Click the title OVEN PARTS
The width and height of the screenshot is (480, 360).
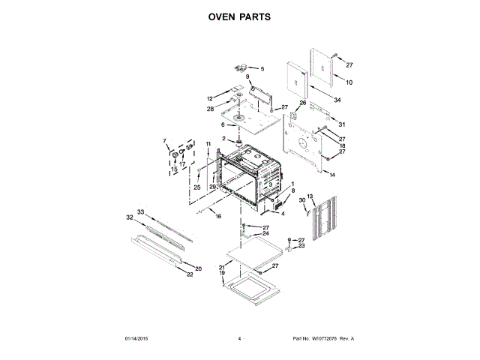(239, 16)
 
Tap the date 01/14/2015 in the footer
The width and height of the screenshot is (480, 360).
(136, 339)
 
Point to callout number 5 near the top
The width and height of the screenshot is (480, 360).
(262, 69)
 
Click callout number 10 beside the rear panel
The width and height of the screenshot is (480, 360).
(349, 82)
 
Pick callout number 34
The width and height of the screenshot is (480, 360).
(337, 100)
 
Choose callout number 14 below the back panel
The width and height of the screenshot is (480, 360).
(332, 175)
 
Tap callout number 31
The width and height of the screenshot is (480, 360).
(341, 124)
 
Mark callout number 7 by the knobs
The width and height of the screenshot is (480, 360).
(165, 141)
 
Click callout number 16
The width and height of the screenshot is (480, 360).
(218, 216)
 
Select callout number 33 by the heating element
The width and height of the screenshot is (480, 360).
(140, 212)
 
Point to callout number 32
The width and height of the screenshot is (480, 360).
(129, 218)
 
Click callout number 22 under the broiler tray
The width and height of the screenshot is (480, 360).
(190, 275)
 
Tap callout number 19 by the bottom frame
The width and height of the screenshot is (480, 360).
(222, 274)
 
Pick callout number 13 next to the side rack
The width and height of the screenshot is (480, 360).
(310, 196)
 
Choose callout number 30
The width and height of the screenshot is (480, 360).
(301, 201)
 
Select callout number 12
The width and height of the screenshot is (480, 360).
(210, 99)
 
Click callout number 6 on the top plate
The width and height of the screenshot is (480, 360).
(222, 124)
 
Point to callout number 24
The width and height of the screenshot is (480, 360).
(265, 233)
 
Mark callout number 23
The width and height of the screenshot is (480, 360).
(301, 245)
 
